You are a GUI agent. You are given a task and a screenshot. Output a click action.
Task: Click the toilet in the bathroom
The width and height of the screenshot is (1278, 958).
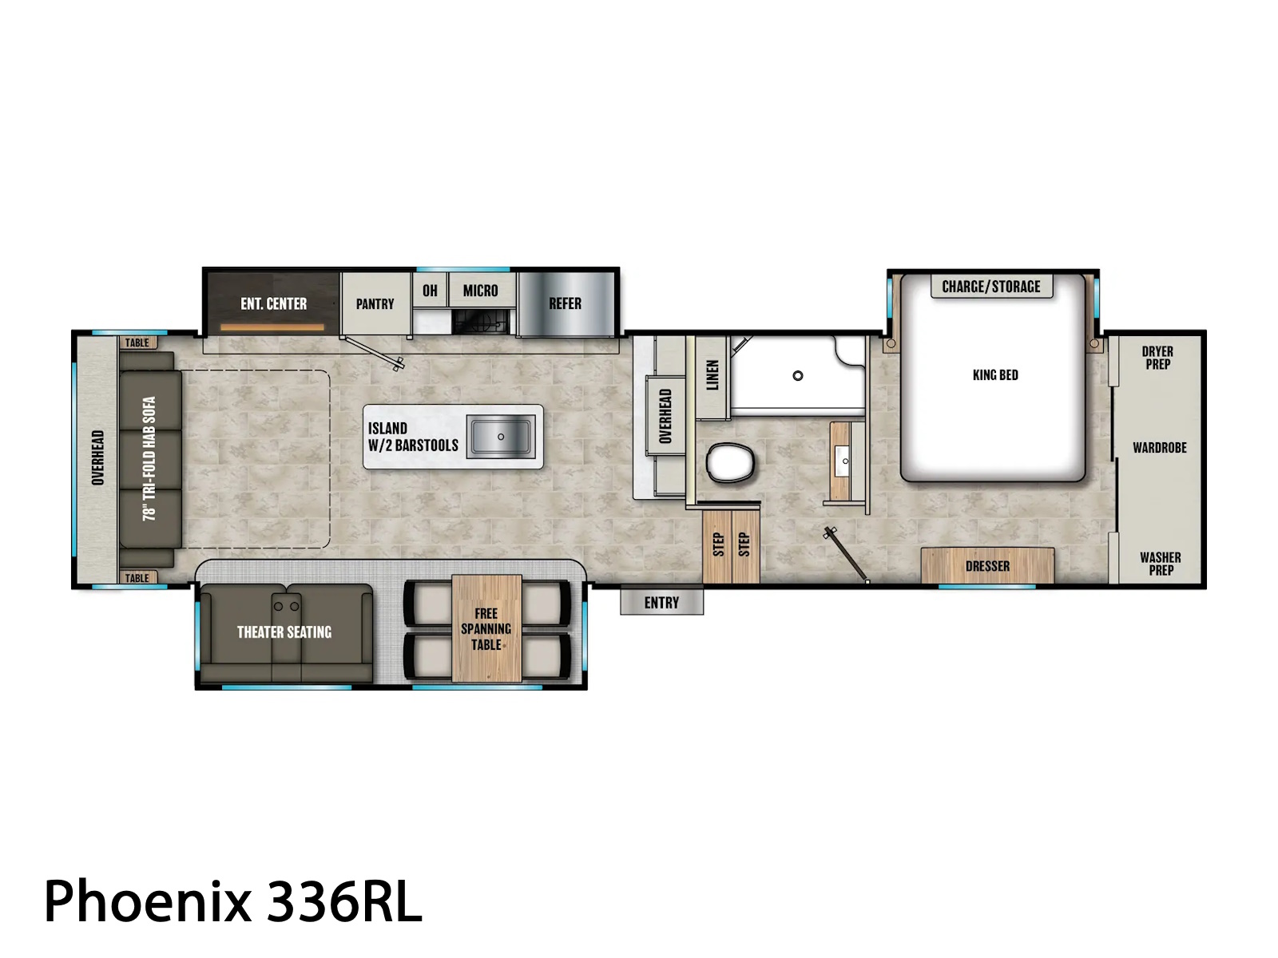tap(729, 462)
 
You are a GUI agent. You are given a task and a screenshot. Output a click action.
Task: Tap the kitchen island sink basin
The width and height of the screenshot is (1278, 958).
tap(500, 436)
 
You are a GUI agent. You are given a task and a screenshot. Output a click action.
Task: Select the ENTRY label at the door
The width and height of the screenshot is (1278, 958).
tap(661, 603)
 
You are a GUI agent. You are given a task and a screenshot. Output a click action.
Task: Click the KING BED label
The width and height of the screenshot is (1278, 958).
tap(995, 375)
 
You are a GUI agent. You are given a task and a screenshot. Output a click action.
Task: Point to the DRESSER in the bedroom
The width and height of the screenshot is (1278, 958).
tap(987, 565)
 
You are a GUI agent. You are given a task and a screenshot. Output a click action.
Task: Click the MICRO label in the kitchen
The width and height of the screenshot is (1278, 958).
tap(480, 291)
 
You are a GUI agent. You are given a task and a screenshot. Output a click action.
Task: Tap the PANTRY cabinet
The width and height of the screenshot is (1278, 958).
tap(375, 303)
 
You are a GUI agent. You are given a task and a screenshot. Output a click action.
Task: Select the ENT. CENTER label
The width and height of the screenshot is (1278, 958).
tap(274, 303)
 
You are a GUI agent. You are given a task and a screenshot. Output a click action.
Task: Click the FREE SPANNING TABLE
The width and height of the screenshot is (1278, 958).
tap(486, 628)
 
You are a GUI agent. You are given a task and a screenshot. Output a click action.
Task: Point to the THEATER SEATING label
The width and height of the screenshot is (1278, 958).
tap(284, 632)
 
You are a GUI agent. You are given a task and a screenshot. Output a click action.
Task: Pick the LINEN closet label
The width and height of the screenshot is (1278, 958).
tap(712, 374)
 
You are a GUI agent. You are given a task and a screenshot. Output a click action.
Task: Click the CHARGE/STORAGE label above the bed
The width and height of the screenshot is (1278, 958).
tap(991, 287)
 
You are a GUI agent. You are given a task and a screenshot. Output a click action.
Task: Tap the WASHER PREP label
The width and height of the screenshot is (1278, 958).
tap(1161, 564)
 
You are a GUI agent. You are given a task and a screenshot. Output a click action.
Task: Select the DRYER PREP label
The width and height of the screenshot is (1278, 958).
tap(1157, 358)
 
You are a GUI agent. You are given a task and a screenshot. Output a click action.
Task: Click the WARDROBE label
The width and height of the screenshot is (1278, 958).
tap(1159, 448)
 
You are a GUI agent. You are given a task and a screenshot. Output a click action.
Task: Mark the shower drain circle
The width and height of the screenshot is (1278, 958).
tap(798, 376)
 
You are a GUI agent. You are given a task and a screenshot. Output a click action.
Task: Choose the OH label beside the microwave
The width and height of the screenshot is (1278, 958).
tap(430, 291)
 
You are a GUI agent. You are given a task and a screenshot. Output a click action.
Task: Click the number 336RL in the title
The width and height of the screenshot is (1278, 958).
tap(343, 901)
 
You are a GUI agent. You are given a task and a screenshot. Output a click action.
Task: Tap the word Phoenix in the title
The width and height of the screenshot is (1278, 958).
tap(148, 901)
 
